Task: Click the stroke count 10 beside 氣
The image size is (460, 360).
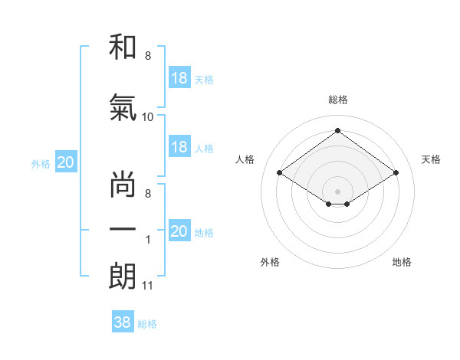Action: pyautogui.click(x=148, y=117)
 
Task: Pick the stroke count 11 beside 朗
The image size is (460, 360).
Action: pyautogui.click(x=148, y=286)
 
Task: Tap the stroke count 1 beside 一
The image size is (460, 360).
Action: pyautogui.click(x=148, y=240)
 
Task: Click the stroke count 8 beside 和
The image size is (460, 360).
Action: pyautogui.click(x=147, y=56)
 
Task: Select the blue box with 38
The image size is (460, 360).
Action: pyautogui.click(x=123, y=322)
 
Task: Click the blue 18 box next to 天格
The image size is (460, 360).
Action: pyautogui.click(x=179, y=78)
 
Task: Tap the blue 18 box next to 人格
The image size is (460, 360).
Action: pyautogui.click(x=179, y=147)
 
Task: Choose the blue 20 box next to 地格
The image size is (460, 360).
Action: pyautogui.click(x=179, y=231)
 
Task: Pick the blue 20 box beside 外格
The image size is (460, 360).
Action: pyautogui.click(x=66, y=162)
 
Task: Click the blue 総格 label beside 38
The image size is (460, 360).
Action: pyautogui.click(x=147, y=324)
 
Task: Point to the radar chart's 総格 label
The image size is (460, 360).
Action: pyautogui.click(x=337, y=100)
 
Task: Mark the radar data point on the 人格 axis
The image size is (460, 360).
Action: pyautogui.click(x=280, y=173)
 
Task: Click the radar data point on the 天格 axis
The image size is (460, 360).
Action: pyautogui.click(x=396, y=173)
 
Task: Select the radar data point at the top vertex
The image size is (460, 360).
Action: pyautogui.click(x=337, y=131)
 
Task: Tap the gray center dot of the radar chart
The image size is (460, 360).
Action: pyautogui.click(x=337, y=190)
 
